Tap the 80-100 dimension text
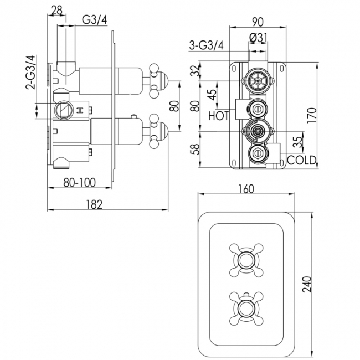[79, 181]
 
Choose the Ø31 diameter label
[258, 37]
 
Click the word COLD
[302, 160]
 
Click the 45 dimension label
[212, 94]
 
